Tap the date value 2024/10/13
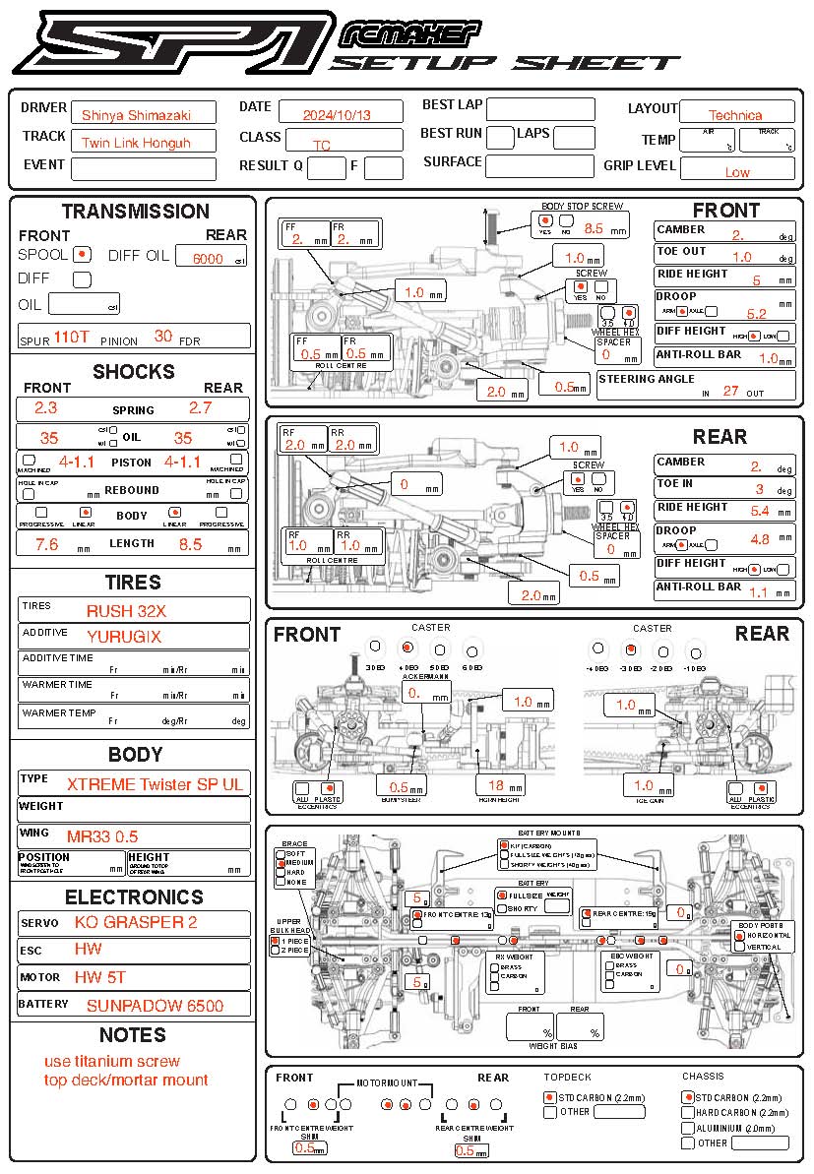340,113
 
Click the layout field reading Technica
735,114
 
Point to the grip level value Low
736,171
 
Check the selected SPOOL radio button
84,254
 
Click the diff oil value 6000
209,259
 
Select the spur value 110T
71,337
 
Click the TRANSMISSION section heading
135,211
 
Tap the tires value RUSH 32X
126,610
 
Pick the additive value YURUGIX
124,636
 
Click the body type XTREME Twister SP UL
156,784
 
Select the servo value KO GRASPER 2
136,922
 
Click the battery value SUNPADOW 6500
155,1005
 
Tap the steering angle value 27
730,390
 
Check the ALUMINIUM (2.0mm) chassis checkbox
687,1128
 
